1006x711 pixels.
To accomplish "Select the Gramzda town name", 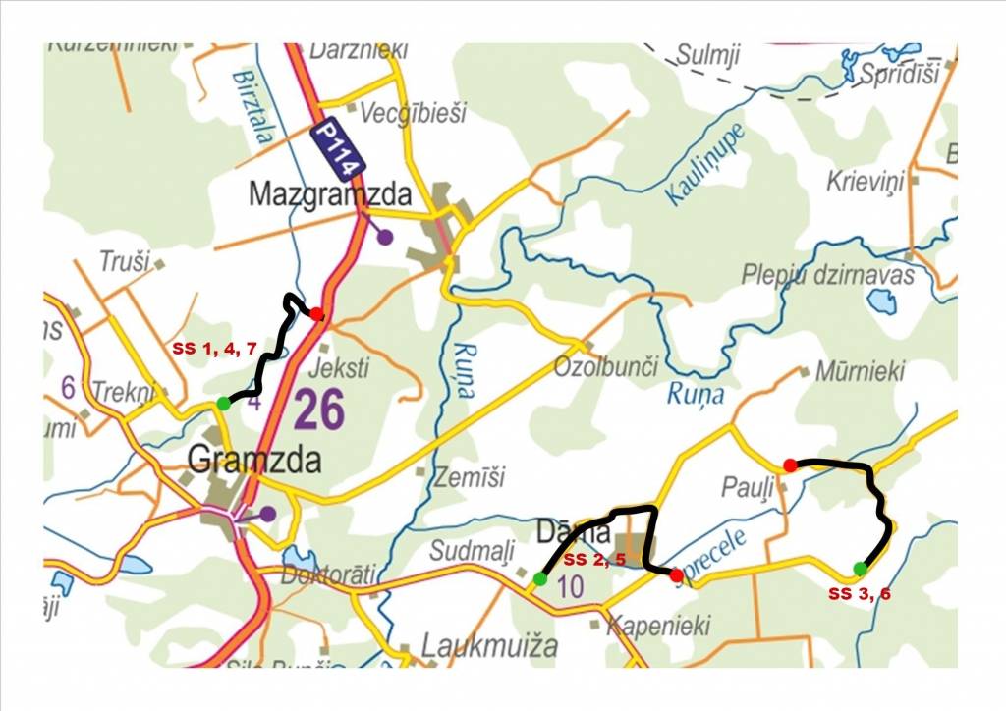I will click(x=253, y=459).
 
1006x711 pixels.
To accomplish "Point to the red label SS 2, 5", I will click(x=594, y=560).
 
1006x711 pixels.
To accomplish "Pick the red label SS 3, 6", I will click(x=861, y=593).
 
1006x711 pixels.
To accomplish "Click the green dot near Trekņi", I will click(x=224, y=403).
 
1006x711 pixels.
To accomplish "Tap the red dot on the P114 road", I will click(x=316, y=313).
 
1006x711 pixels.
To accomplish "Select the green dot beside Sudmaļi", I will click(x=540, y=578).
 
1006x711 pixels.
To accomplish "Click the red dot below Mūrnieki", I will click(x=790, y=465).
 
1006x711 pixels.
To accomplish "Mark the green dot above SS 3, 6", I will click(x=861, y=569).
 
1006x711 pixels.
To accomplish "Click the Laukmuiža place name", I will click(x=489, y=645).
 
